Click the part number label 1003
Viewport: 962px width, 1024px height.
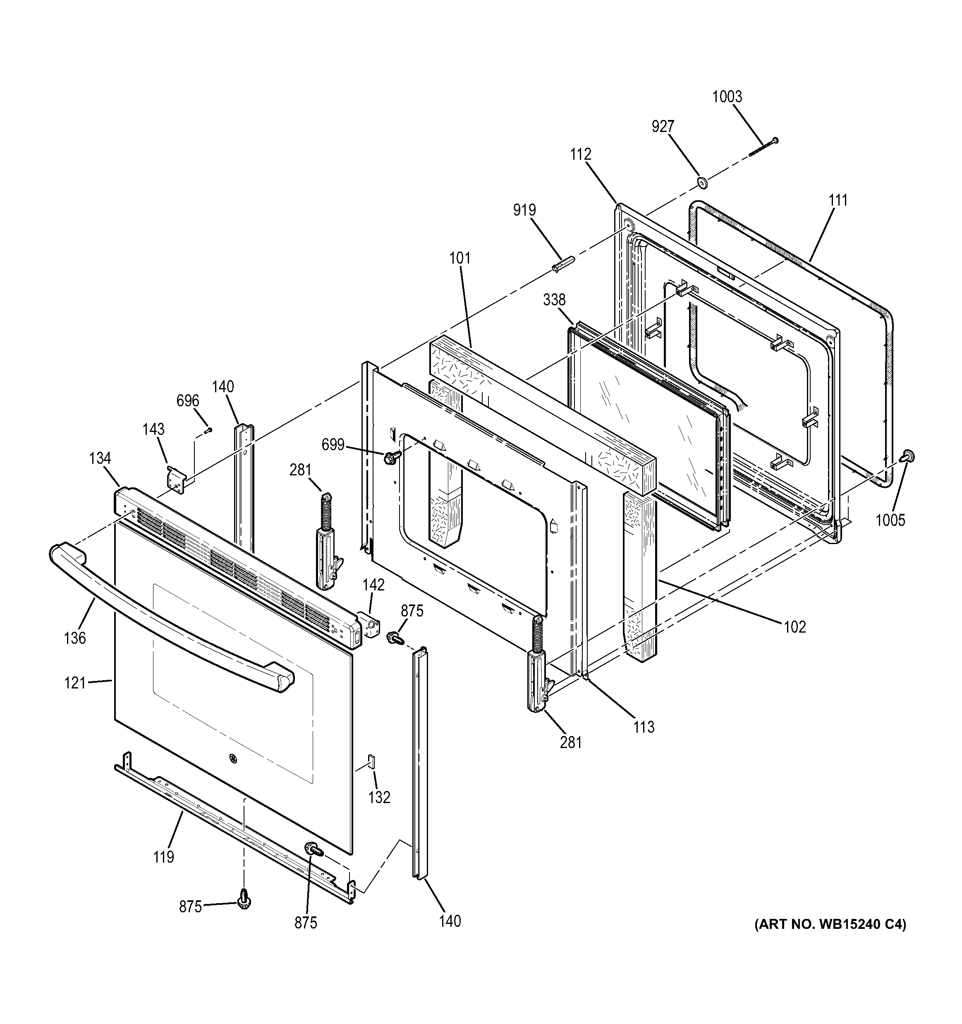tap(727, 97)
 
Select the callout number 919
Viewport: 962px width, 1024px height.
tap(524, 210)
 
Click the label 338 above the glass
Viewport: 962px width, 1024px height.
tap(554, 300)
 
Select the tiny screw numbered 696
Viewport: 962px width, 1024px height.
tap(208, 430)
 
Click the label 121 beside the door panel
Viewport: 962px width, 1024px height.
tap(75, 683)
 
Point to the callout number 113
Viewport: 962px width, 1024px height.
tap(644, 727)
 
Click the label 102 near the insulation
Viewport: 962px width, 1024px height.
tap(794, 627)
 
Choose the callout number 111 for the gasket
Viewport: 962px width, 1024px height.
tap(838, 200)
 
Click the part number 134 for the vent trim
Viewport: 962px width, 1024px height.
tap(100, 458)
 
